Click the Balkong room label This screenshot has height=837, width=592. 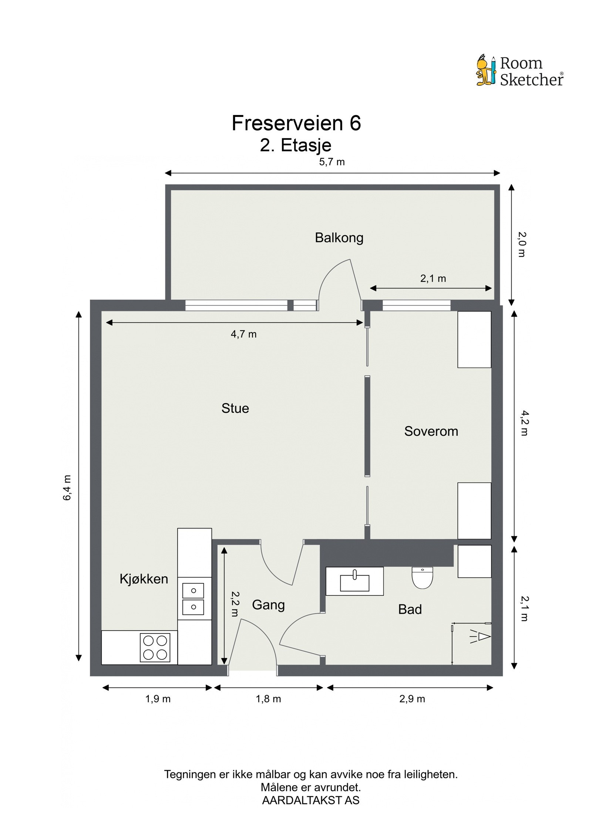[339, 237]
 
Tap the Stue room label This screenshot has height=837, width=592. [235, 408]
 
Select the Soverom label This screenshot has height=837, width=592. [431, 431]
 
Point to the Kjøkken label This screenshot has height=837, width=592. [144, 578]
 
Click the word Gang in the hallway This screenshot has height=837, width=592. [268, 605]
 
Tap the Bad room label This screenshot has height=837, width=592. [410, 609]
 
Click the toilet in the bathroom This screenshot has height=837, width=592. [422, 578]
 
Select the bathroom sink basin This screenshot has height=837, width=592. [354, 583]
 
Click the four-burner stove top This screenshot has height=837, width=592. [155, 647]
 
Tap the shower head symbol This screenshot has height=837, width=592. [482, 637]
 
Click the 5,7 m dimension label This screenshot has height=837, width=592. [332, 162]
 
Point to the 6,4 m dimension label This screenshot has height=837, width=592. [67, 487]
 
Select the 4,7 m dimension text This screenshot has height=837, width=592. [243, 334]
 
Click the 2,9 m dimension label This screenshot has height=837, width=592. [412, 699]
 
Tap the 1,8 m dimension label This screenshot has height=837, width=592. [268, 699]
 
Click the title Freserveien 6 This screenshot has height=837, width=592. [296, 123]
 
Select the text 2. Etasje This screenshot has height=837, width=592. [295, 145]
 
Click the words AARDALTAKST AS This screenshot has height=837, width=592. [310, 800]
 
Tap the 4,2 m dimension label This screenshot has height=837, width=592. [524, 423]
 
